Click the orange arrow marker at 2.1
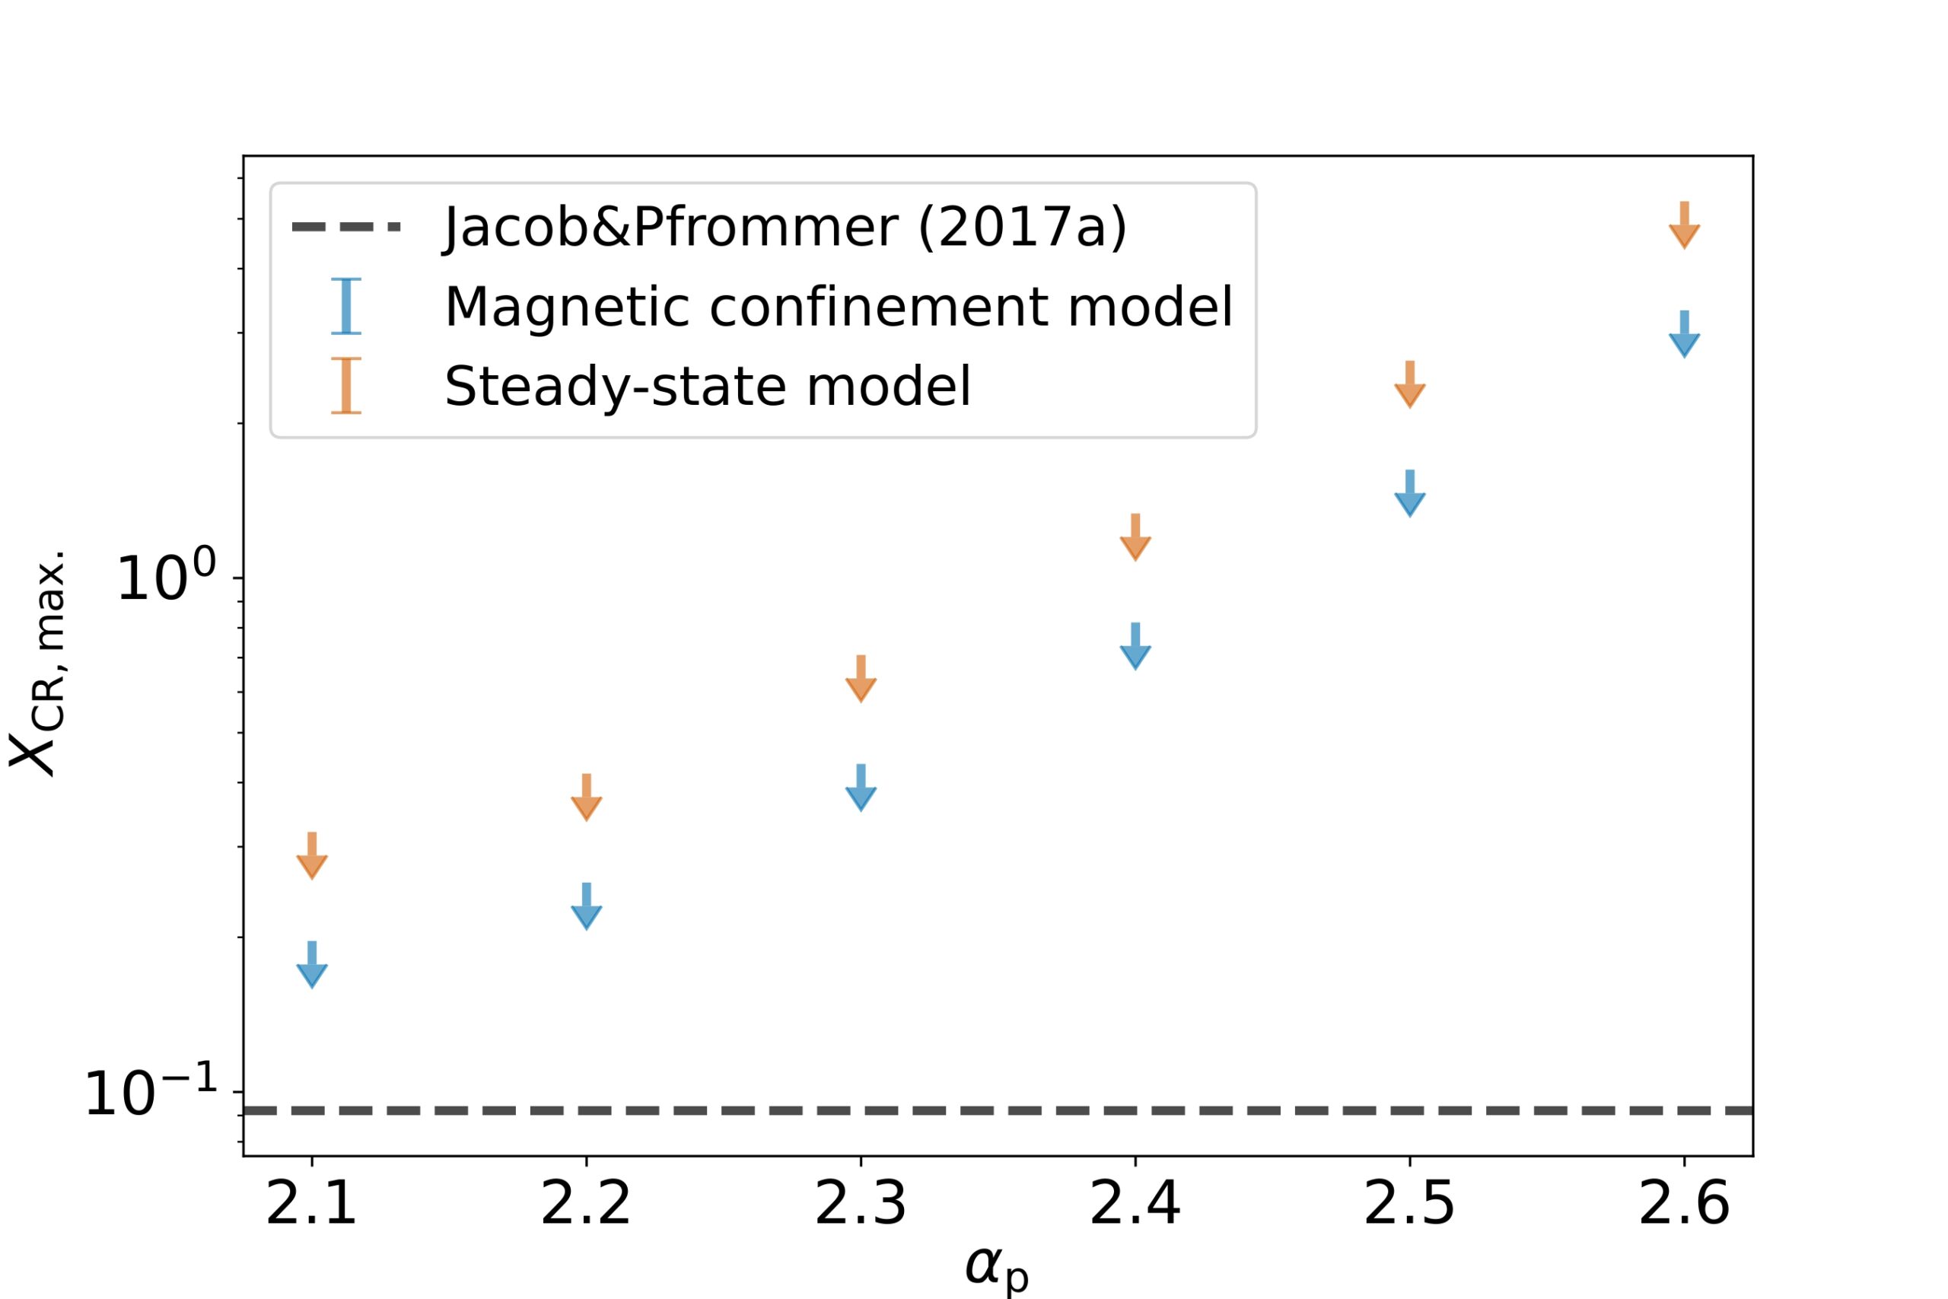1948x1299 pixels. click(311, 857)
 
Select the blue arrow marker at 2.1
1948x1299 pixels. click(311, 966)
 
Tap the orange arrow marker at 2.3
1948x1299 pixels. click(861, 680)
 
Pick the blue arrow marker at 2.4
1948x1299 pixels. click(1135, 647)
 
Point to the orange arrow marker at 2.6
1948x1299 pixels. click(1684, 226)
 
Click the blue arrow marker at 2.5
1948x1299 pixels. click(1410, 495)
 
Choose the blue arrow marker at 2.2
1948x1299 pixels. click(587, 908)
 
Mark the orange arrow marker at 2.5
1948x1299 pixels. click(1410, 385)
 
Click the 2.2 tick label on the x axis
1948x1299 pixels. click(586, 1205)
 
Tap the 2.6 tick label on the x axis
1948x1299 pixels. click(1684, 1205)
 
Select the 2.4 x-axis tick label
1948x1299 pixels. click(1135, 1205)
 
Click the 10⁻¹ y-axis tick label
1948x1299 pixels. click(151, 1093)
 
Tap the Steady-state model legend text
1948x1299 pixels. click(708, 386)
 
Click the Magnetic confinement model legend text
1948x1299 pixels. click(838, 307)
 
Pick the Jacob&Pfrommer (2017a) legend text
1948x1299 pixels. click(785, 227)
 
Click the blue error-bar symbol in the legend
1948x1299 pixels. click(346, 307)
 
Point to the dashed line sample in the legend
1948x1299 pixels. click(346, 227)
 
